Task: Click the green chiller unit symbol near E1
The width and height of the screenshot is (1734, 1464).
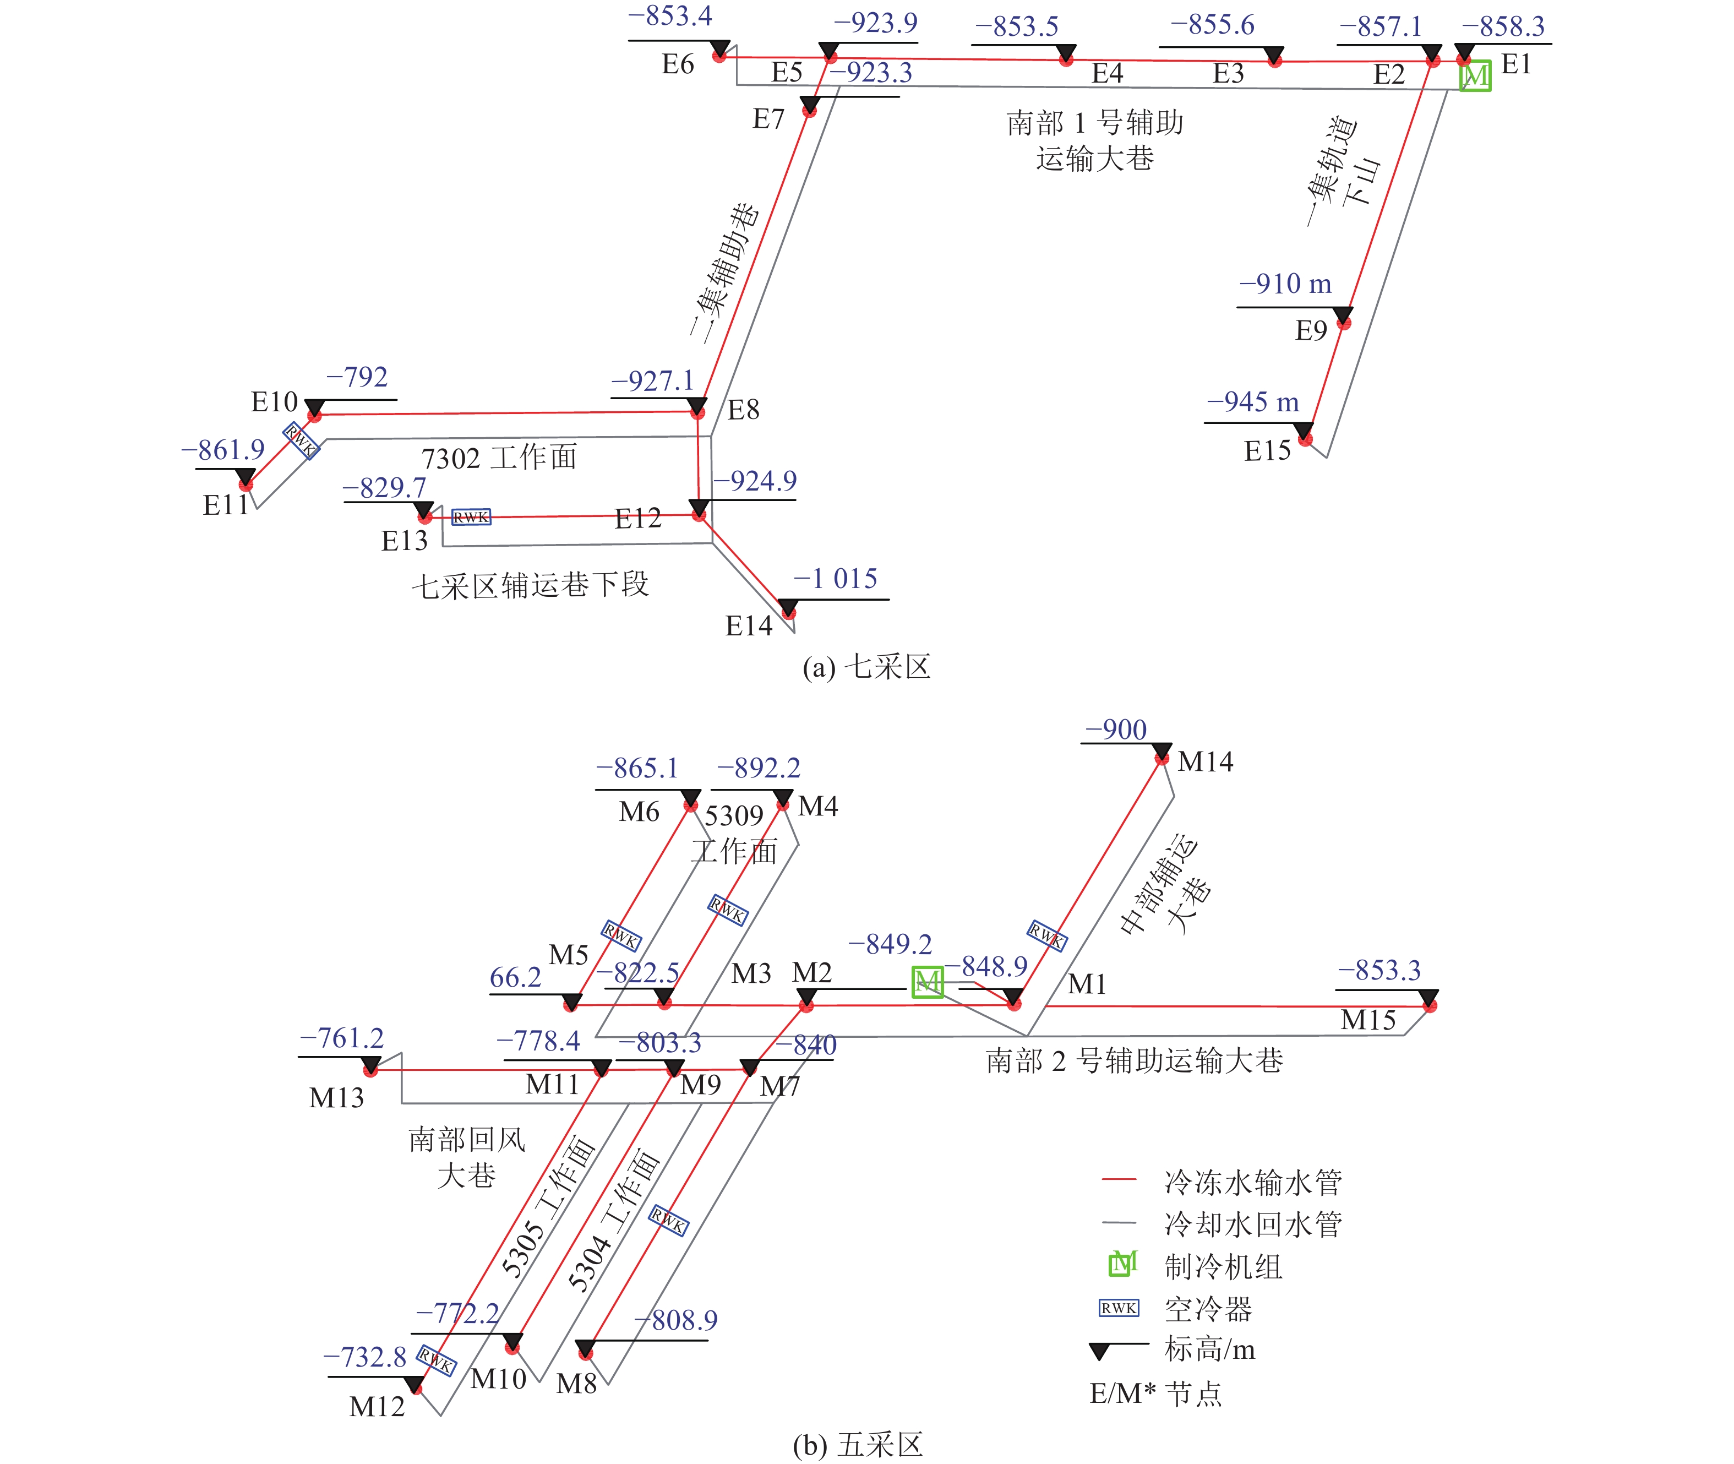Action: point(1475,75)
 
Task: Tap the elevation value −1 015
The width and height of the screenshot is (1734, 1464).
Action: point(836,579)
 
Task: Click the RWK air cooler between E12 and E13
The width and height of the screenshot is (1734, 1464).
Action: point(471,517)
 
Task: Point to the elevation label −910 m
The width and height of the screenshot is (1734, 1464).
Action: point(1285,284)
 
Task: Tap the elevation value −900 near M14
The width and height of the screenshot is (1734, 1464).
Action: point(1116,730)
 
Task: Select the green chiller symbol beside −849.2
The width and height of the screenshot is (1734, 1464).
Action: point(928,983)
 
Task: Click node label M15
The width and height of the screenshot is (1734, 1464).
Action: point(1368,1020)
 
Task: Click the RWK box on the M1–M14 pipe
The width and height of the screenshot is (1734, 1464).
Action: point(1047,936)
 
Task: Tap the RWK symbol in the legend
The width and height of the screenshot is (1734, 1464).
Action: point(1119,1308)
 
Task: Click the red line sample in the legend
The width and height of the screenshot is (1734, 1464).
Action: point(1119,1179)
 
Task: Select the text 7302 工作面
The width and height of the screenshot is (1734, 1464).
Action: point(499,458)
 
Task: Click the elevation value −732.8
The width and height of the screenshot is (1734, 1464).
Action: point(364,1357)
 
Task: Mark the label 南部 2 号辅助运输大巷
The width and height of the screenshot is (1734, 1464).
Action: point(1134,1060)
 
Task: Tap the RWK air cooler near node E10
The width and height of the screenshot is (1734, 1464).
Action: point(301,440)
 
